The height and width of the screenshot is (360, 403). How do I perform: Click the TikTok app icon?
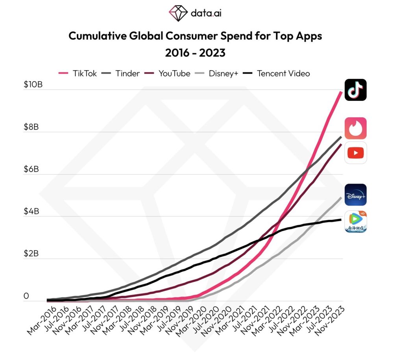pyautogui.click(x=355, y=90)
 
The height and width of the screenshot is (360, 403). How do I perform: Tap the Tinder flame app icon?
pyautogui.click(x=355, y=128)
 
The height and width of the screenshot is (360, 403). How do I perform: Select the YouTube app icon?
pyautogui.click(x=355, y=153)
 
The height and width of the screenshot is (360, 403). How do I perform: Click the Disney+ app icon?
pyautogui.click(x=355, y=195)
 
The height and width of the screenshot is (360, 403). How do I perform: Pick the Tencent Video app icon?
pyautogui.click(x=355, y=221)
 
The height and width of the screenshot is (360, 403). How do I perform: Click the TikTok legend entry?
pyautogui.click(x=78, y=73)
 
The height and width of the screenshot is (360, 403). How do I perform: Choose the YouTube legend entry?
pyautogui.click(x=168, y=73)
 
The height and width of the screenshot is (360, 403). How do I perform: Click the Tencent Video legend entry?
pyautogui.click(x=276, y=73)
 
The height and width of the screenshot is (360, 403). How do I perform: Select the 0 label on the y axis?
pyautogui.click(x=26, y=296)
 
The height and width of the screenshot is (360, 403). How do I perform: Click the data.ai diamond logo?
pyautogui.click(x=178, y=13)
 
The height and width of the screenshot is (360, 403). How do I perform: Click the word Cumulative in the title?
pyautogui.click(x=96, y=36)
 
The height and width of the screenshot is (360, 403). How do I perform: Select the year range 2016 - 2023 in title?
pyautogui.click(x=195, y=52)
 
